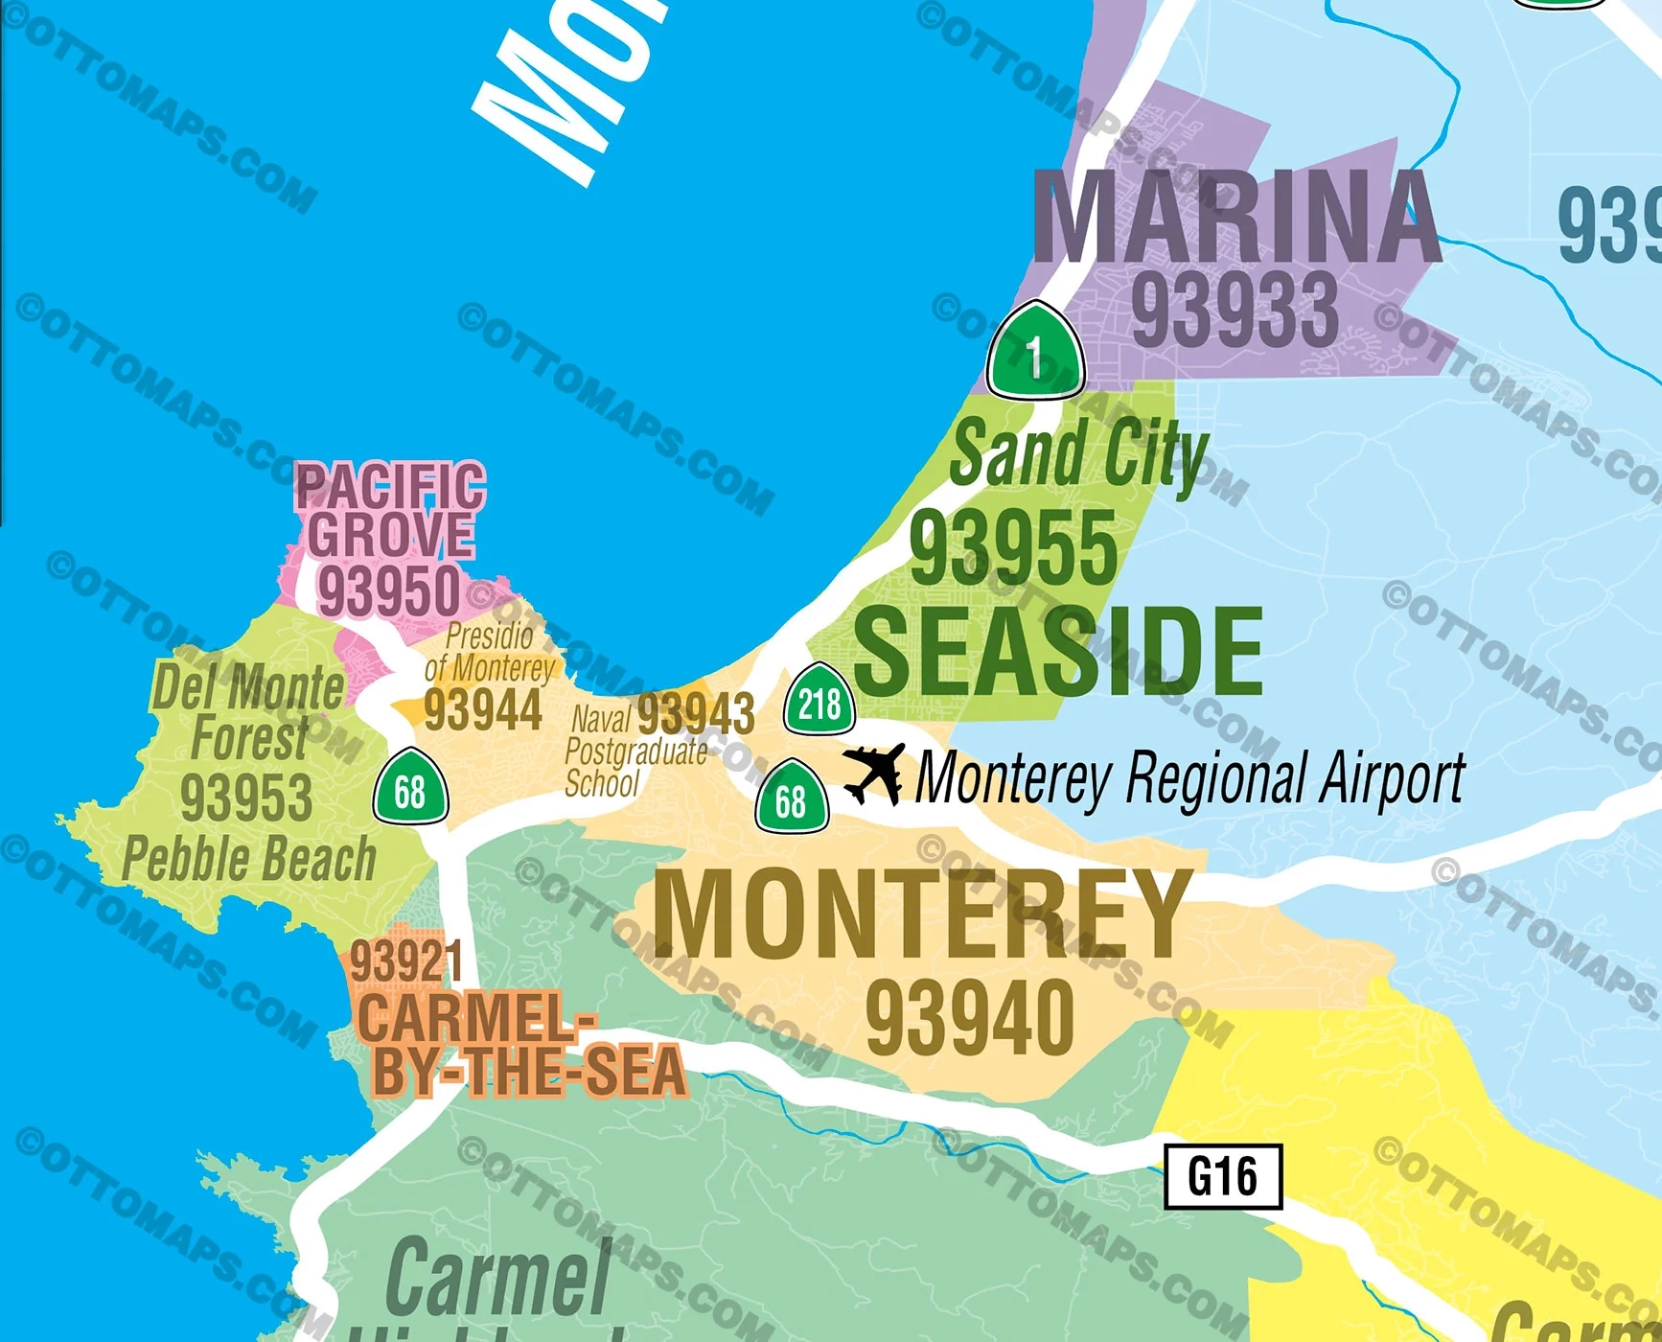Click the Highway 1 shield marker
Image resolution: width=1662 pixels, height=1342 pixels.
[x=1035, y=353]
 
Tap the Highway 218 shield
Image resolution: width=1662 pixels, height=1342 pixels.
[x=819, y=701]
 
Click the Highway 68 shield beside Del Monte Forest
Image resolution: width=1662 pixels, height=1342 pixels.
[x=410, y=788]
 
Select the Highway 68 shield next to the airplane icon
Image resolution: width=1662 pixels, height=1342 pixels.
[x=792, y=798]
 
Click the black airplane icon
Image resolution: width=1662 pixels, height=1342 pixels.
[x=874, y=773]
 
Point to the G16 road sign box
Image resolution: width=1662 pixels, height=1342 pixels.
[x=1222, y=1175]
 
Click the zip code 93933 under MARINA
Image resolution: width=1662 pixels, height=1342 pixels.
[x=1235, y=310]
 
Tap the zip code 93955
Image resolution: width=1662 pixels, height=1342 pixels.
[x=1013, y=547]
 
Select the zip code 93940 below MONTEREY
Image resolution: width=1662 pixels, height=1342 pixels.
[x=970, y=1017]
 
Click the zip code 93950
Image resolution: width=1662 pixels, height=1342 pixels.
[x=389, y=590]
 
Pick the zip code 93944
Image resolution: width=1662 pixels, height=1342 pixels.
[x=482, y=710]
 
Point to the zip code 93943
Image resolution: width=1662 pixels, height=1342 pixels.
[x=696, y=713]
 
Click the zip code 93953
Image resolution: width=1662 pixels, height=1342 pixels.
[x=246, y=798]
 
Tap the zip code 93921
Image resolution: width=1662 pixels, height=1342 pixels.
[x=406, y=961]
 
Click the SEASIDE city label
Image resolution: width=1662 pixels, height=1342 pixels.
[x=1057, y=653]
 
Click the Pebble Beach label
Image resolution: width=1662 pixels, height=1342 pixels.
[x=249, y=858]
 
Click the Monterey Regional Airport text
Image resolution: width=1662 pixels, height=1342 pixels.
[x=1189, y=777]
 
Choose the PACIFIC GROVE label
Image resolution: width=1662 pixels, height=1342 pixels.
[x=390, y=510]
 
